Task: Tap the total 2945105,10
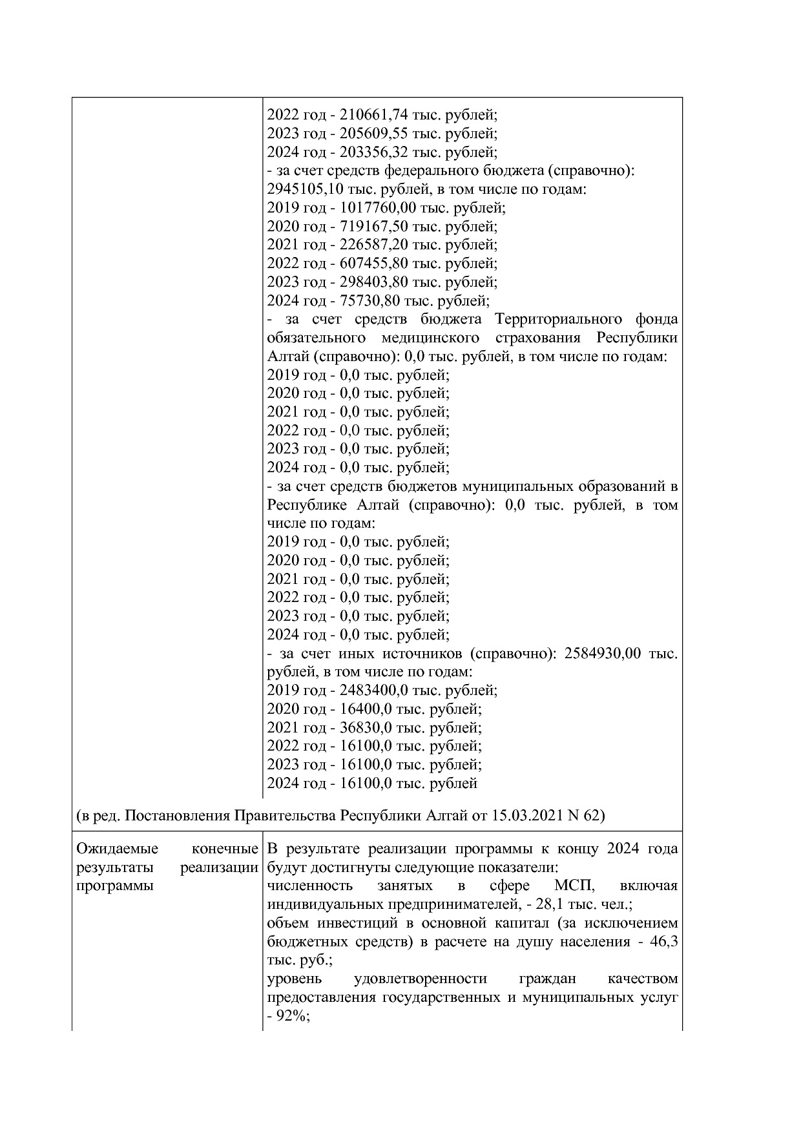[x=298, y=189]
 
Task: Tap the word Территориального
[x=556, y=319]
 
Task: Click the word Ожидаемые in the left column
[x=110, y=848]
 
